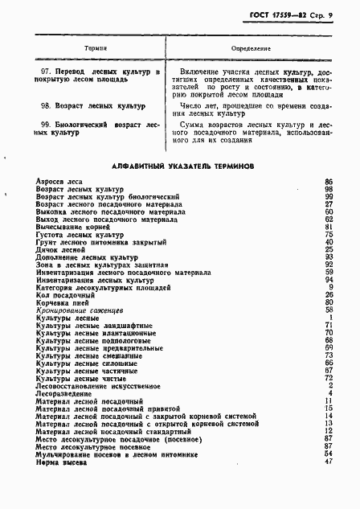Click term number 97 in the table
coord(46,72)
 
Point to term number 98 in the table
coord(46,105)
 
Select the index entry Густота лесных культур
coord(76,235)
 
